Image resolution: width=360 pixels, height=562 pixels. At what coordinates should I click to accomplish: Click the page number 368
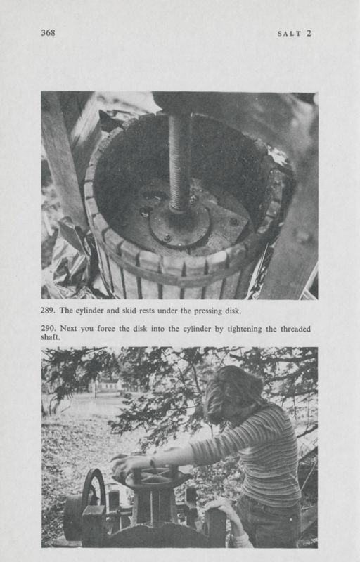(48, 32)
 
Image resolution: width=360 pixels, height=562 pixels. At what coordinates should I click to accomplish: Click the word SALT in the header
(289, 33)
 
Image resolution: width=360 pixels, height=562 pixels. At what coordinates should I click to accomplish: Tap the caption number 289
(49, 310)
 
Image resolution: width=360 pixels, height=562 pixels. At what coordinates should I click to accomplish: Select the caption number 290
(49, 329)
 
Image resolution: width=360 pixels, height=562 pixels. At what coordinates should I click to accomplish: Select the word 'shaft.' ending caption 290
(51, 337)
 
